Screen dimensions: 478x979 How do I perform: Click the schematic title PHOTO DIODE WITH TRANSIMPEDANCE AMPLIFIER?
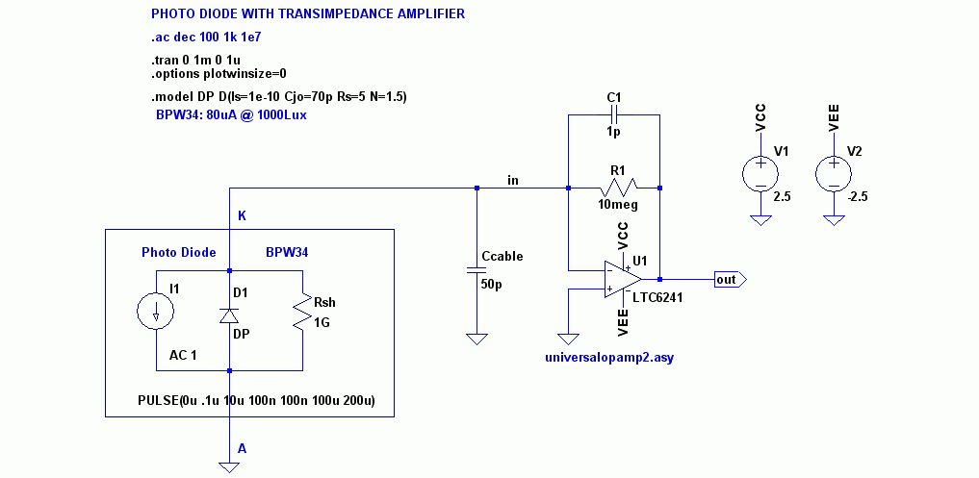[308, 14]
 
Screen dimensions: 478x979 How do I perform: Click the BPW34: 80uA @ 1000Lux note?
[232, 114]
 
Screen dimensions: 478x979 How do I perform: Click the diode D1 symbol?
[229, 315]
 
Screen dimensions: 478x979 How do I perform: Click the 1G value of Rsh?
[322, 324]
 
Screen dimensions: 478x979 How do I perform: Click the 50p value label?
[490, 286]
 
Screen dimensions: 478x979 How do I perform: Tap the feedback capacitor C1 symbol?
[614, 114]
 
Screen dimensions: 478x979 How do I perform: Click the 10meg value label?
[617, 205]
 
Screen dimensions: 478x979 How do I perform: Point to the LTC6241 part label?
[659, 297]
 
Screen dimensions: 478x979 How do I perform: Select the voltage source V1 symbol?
[760, 174]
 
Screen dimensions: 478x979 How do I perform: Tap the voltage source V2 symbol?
[832, 174]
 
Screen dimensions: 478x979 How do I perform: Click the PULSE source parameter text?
[265, 400]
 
